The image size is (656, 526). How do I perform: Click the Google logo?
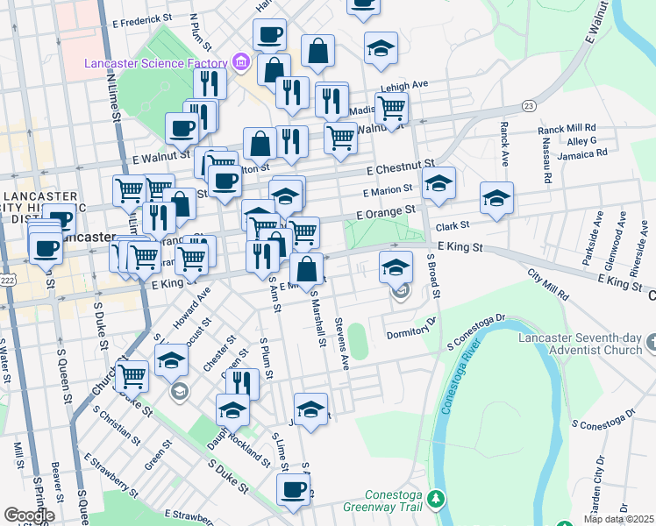[28, 515]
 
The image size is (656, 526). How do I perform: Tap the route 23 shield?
[527, 106]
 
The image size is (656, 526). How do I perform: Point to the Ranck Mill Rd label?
[567, 128]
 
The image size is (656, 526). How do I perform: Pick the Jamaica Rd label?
[581, 153]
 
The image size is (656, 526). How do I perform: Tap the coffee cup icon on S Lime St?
[294, 489]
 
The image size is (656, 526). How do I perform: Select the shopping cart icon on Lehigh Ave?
[392, 108]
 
